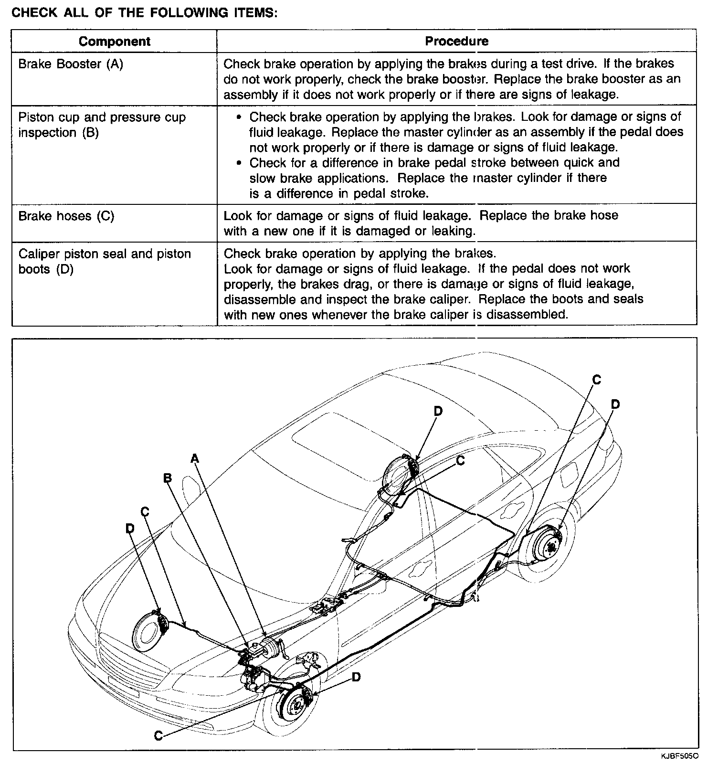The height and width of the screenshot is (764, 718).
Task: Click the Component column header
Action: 115,42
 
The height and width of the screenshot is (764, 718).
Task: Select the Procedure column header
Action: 456,41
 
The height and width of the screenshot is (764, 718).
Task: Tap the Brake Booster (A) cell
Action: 71,64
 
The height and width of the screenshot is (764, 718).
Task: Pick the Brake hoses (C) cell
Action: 66,216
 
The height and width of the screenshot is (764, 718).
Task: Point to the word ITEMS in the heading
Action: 253,13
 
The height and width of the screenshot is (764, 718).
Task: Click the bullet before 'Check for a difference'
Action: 240,163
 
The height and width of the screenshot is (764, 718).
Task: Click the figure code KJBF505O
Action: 680,756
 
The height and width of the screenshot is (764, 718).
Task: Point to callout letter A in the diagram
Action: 194,459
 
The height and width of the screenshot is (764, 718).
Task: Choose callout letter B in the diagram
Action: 167,478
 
